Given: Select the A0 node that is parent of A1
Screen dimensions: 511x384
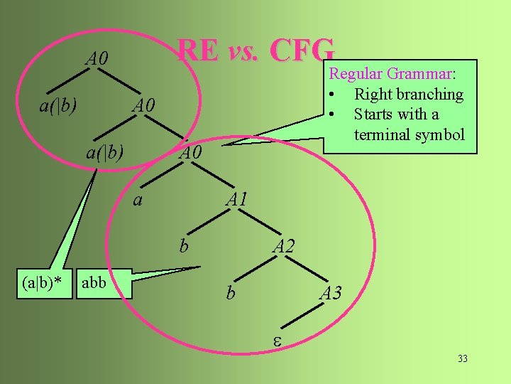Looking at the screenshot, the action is (190, 153).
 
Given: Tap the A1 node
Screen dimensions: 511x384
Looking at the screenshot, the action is (236, 200).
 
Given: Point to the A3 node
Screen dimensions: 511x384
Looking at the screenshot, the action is (331, 293).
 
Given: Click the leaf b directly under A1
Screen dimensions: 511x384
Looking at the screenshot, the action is (184, 246).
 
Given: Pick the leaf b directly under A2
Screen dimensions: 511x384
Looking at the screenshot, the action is (230, 293).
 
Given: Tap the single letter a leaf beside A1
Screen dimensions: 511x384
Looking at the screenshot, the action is (138, 200).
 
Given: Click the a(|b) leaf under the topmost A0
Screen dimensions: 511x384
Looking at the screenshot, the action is (57, 107).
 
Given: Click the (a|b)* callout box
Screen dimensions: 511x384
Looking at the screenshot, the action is (41, 282).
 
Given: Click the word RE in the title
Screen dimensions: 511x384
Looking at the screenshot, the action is (198, 50).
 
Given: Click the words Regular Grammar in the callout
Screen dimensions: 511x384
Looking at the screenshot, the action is (390, 74).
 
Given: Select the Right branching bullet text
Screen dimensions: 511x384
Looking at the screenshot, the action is (408, 94).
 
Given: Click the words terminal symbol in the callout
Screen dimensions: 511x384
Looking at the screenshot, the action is (409, 134).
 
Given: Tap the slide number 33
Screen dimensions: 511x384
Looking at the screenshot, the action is (463, 358).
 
